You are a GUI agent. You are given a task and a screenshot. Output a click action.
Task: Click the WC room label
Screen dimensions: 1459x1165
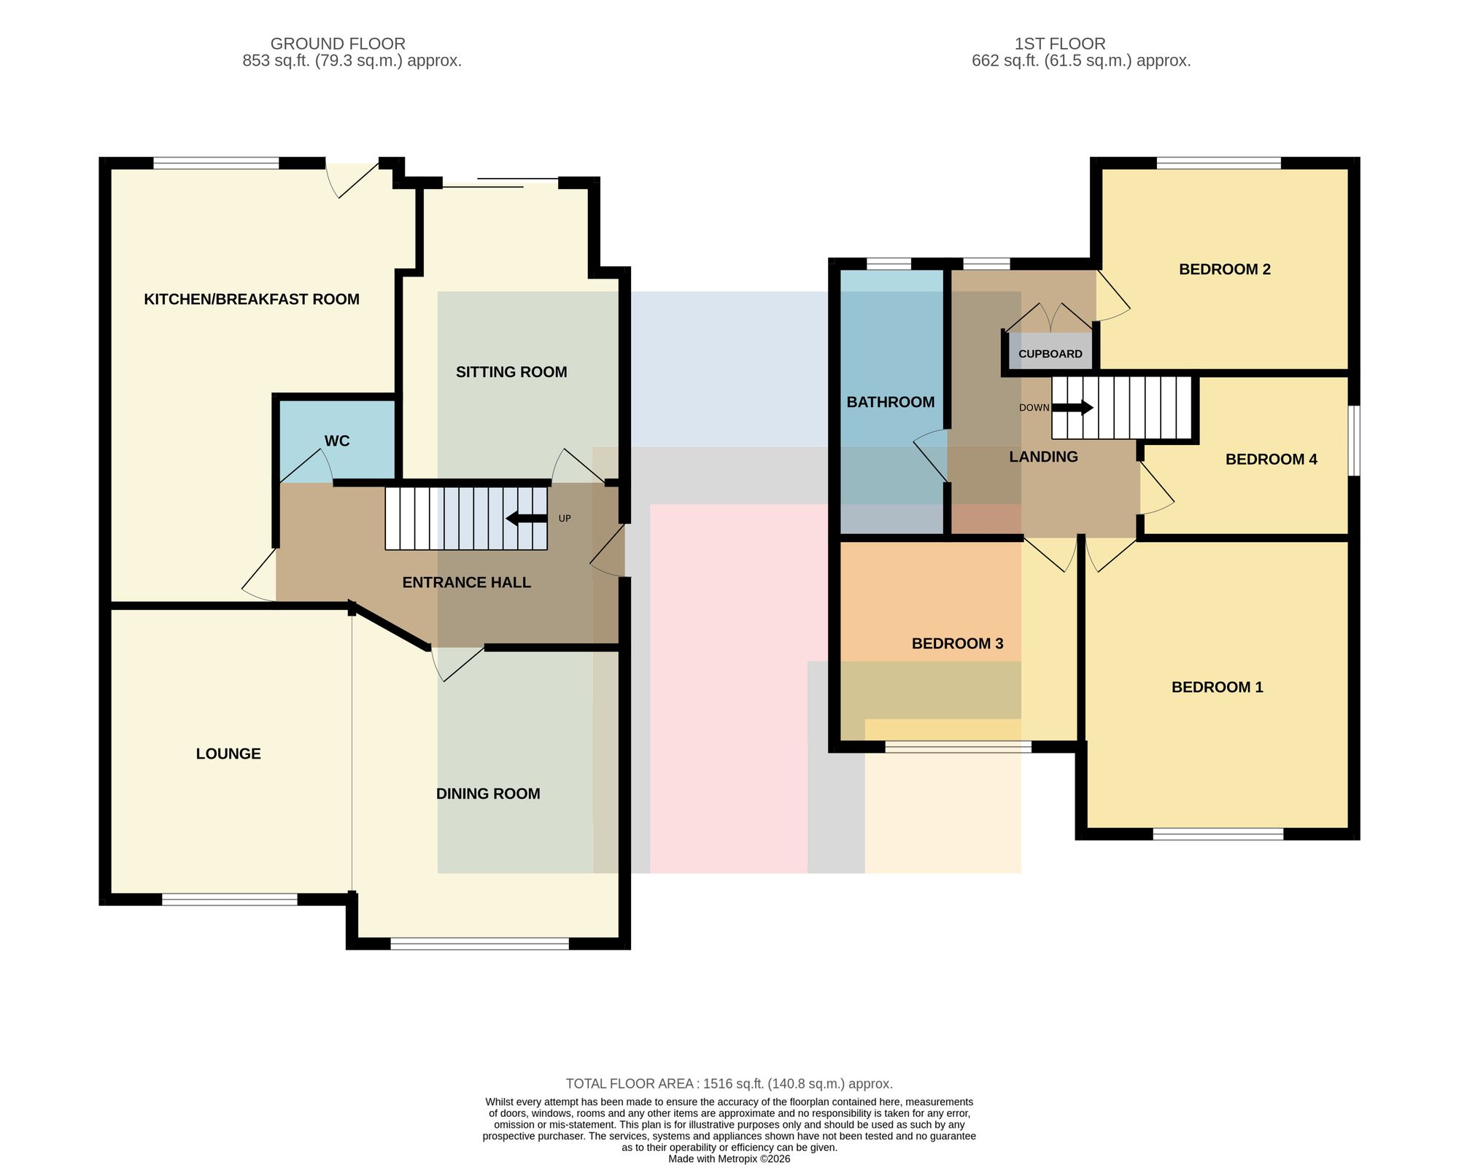337,441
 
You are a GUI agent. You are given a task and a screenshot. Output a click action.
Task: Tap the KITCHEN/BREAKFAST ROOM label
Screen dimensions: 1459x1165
252,299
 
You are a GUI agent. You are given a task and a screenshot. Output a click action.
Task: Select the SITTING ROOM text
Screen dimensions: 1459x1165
511,372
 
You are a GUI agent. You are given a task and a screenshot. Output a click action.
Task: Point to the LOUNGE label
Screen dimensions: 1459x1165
228,754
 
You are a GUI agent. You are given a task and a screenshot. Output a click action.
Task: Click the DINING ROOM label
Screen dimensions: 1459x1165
488,794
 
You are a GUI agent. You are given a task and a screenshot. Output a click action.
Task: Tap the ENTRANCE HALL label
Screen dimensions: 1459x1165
467,582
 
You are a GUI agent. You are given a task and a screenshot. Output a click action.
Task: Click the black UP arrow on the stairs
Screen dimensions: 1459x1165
526,519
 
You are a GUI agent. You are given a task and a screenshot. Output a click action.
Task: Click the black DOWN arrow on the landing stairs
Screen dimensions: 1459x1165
1072,408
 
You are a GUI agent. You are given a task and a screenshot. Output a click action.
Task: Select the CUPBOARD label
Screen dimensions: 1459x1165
1050,354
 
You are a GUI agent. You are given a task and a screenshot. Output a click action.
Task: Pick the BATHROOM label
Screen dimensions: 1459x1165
891,402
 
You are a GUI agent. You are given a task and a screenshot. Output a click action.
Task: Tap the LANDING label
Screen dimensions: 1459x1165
1043,457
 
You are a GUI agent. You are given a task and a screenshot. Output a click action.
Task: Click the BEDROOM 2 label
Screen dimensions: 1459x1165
1225,269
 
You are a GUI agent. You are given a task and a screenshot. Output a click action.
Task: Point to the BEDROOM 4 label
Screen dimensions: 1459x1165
1272,459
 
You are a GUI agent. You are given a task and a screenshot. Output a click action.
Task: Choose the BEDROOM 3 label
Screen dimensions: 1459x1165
958,643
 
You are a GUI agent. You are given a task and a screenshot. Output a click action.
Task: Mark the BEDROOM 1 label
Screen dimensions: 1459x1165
1218,687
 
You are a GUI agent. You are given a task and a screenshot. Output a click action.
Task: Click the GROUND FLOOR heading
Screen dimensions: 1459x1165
338,44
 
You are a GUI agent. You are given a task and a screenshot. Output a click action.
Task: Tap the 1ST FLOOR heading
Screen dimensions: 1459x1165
1060,44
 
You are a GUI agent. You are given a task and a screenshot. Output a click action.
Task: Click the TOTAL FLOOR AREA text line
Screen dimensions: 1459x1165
729,1084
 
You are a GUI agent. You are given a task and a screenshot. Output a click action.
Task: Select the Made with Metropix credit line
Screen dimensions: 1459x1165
729,1158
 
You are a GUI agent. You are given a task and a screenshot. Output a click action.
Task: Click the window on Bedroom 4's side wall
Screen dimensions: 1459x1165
1354,441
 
